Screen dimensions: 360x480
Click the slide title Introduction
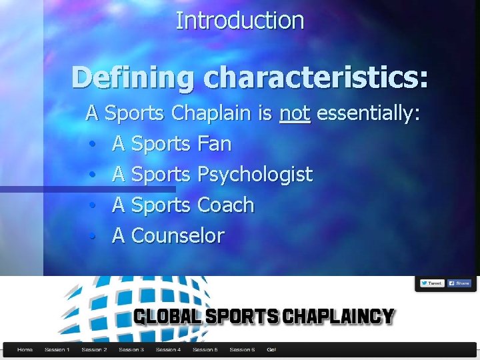tap(239, 21)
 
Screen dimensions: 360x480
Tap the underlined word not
tap(295, 114)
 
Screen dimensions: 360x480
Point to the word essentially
tap(367, 114)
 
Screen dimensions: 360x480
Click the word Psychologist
tap(255, 175)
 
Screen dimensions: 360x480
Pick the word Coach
tap(226, 205)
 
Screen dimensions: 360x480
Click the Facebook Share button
tap(459, 283)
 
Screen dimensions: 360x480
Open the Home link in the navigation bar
tap(25, 349)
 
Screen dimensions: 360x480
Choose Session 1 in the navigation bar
tap(57, 349)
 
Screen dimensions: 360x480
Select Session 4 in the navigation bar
tap(168, 349)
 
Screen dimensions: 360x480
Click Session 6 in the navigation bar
tap(242, 349)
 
